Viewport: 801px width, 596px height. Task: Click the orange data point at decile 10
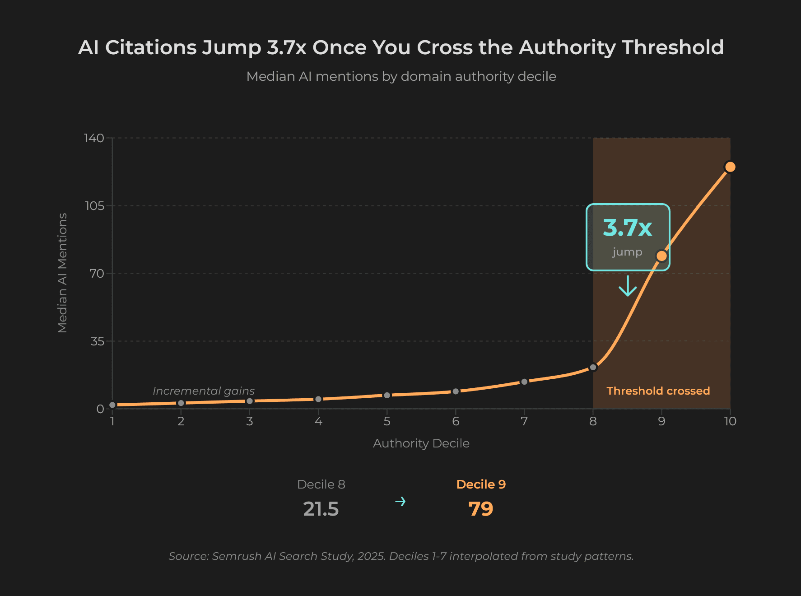(730, 167)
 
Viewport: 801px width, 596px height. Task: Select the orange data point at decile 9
(661, 256)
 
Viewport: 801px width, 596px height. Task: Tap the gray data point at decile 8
(593, 368)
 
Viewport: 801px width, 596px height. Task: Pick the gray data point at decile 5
(387, 395)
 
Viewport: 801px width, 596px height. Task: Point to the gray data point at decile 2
(181, 403)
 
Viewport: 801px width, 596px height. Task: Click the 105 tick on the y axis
(94, 206)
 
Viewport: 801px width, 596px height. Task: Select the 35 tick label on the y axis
(97, 341)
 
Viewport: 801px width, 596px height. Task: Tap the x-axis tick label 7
(524, 421)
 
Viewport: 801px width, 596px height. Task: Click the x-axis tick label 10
(730, 421)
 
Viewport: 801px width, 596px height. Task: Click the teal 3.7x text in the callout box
(627, 228)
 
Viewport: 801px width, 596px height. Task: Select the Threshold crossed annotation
(658, 391)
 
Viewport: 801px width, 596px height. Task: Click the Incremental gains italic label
(204, 391)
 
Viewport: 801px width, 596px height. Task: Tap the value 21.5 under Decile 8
(321, 509)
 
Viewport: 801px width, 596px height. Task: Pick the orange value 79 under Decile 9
(480, 509)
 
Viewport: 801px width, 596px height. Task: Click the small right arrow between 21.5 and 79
(400, 502)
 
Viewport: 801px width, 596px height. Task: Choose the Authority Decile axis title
(421, 443)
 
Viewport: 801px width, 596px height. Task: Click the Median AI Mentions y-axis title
(62, 273)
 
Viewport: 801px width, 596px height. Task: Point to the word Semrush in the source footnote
(237, 556)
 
